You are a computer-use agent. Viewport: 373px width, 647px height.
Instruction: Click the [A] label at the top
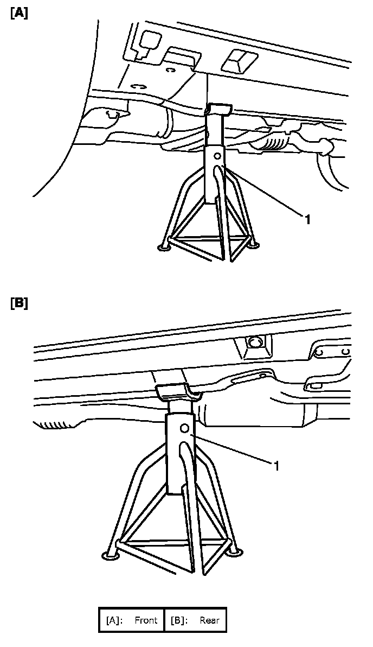tap(18, 14)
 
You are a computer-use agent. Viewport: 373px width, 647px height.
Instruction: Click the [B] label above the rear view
tap(18, 303)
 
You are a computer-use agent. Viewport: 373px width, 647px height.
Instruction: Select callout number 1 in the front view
tap(307, 220)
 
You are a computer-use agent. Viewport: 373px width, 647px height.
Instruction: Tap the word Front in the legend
tap(146, 620)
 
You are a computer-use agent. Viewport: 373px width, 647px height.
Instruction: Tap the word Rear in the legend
tap(209, 620)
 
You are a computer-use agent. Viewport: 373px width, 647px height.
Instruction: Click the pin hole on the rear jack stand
tap(185, 428)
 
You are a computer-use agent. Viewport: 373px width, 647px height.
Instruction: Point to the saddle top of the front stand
tap(218, 109)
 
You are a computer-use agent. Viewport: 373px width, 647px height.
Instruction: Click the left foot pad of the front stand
tap(163, 248)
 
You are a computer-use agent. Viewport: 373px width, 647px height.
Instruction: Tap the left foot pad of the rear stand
tap(110, 555)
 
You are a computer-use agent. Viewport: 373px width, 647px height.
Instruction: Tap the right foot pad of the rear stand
tap(234, 552)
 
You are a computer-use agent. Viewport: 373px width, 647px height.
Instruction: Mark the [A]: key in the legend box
tap(113, 620)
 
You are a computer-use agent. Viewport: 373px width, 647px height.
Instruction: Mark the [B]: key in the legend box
tap(179, 620)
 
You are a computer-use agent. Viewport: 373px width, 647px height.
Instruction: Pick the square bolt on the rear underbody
tap(253, 343)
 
